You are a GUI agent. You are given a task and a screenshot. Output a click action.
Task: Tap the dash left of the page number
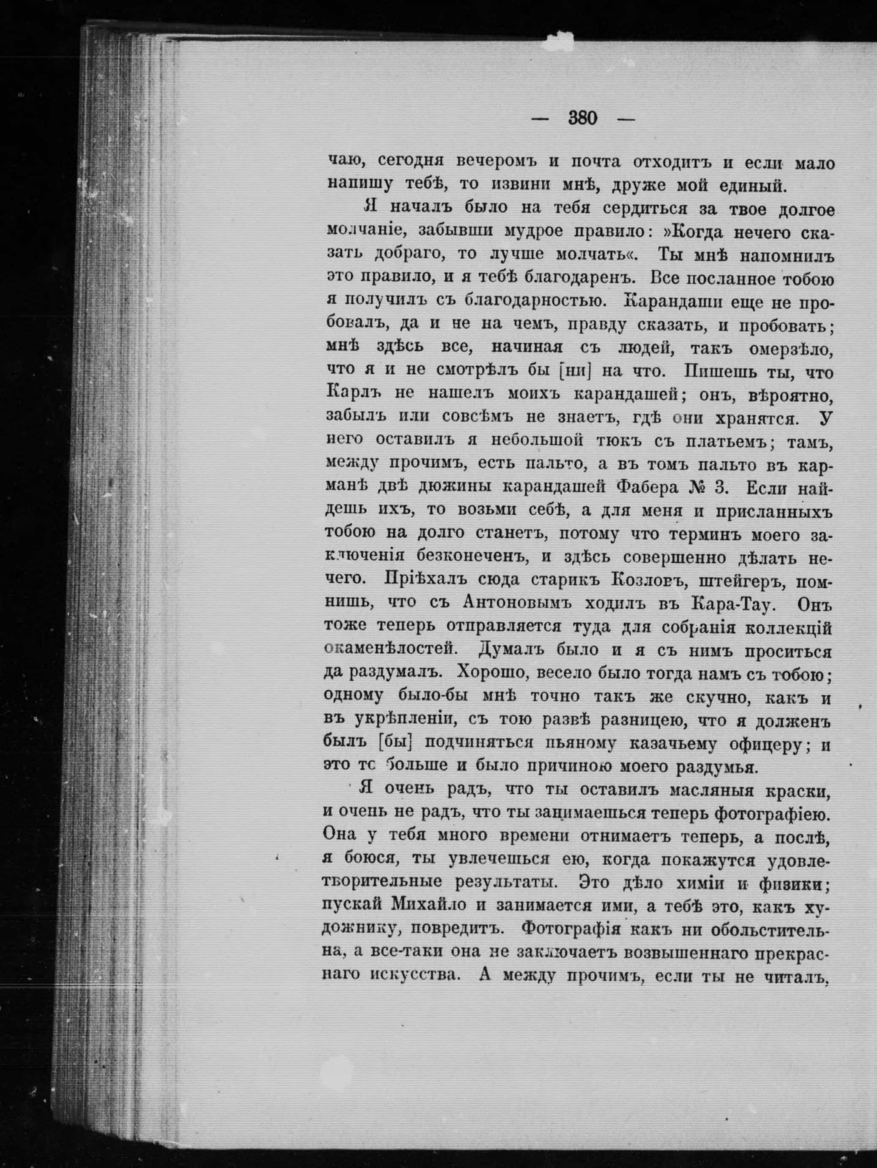click(540, 119)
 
